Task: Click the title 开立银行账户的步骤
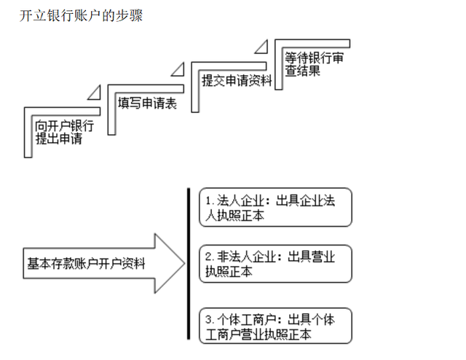tap(81, 15)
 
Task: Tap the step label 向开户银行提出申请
tap(65, 133)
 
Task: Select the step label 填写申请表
tap(147, 103)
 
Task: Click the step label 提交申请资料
tap(237, 81)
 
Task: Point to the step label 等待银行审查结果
tap(314, 64)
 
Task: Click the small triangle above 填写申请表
tap(95, 93)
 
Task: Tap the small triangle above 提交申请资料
tap(178, 70)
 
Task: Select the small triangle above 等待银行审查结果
tap(261, 47)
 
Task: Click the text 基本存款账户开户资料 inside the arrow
tap(86, 264)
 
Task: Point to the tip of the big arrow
tap(185, 263)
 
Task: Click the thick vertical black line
tap(189, 264)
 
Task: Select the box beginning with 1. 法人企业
tap(275, 208)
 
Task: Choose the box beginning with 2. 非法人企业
tap(275, 264)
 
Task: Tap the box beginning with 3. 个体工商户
tap(275, 326)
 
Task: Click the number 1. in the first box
tap(210, 201)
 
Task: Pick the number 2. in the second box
tap(210, 257)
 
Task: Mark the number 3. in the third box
tap(210, 320)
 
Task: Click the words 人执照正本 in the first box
tap(234, 216)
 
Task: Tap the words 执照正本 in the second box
tap(229, 271)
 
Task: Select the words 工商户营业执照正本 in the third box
tap(258, 334)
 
